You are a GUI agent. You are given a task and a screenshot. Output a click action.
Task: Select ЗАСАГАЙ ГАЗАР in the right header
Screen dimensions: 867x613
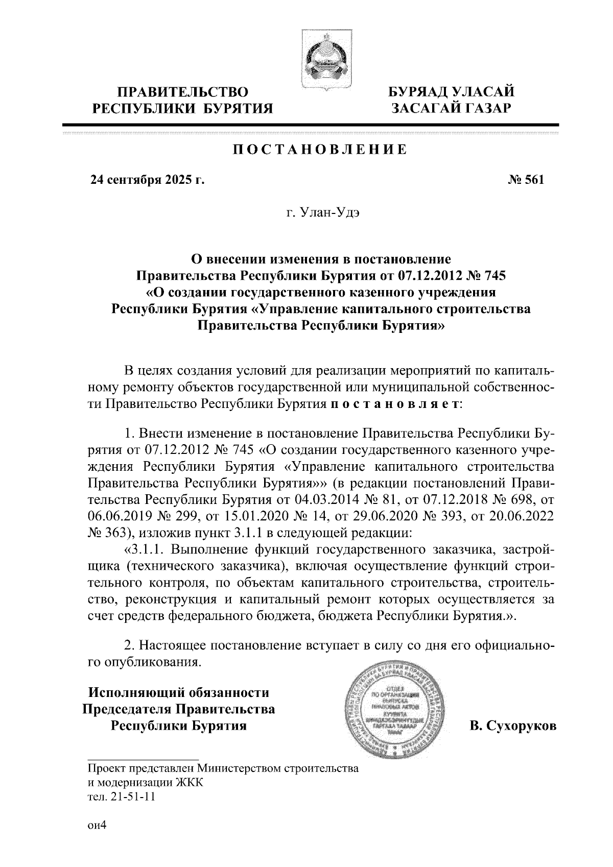(451, 108)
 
